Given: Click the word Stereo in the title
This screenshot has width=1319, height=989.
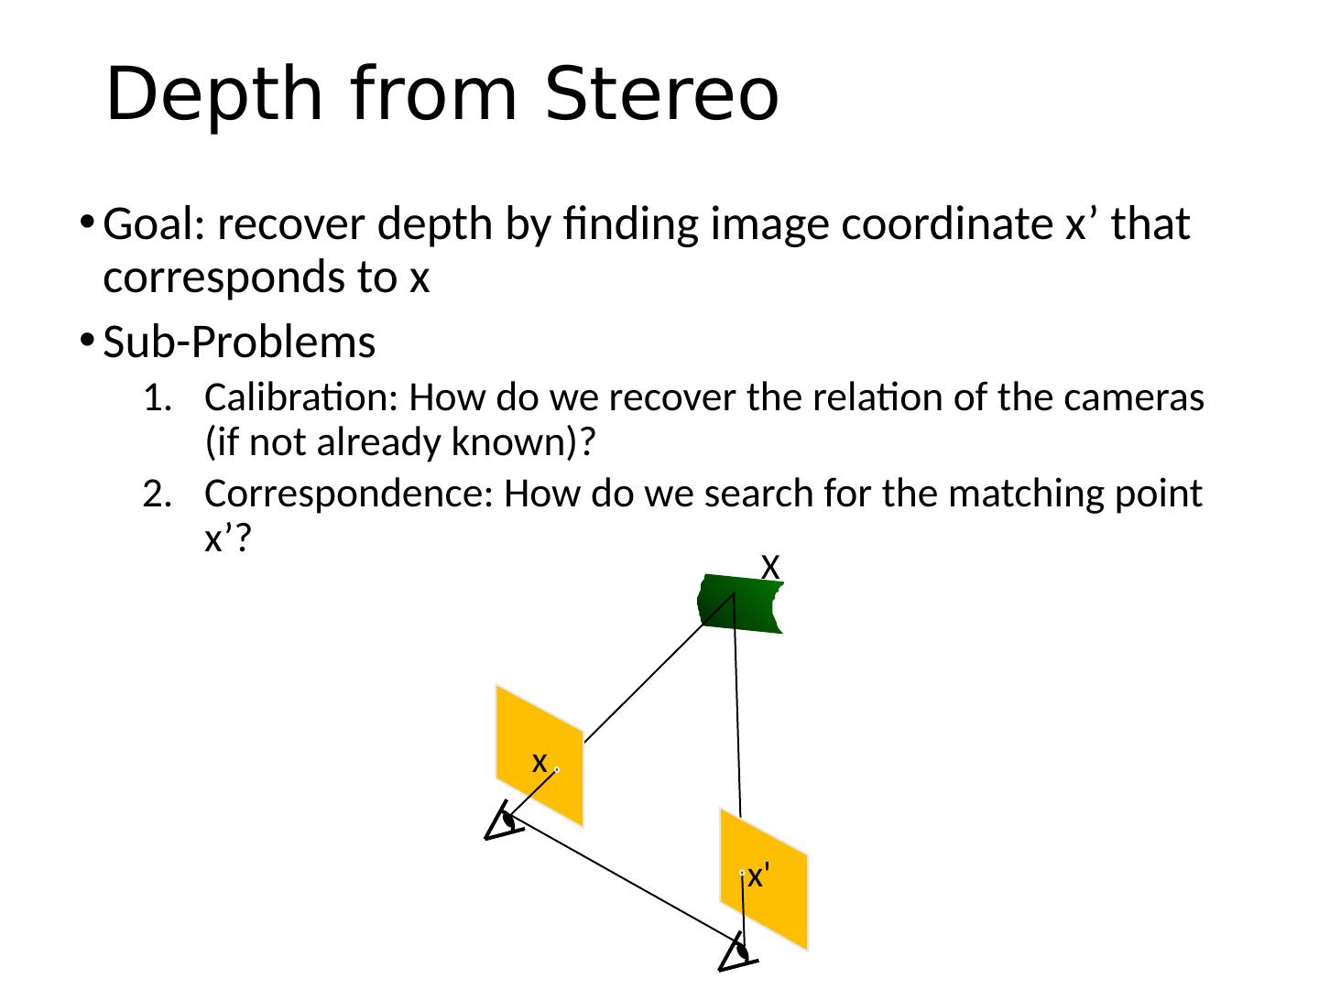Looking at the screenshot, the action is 660,95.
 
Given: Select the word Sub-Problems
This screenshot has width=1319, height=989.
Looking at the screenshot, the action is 239,342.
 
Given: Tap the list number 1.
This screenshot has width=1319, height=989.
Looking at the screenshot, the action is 157,399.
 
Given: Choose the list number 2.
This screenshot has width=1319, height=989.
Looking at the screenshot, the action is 157,495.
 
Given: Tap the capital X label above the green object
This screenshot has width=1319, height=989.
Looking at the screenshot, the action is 770,567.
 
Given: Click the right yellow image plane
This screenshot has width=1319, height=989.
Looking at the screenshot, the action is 763,878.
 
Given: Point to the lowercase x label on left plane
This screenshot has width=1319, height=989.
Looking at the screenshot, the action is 540,762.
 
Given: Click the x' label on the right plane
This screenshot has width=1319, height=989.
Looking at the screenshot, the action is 757,876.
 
